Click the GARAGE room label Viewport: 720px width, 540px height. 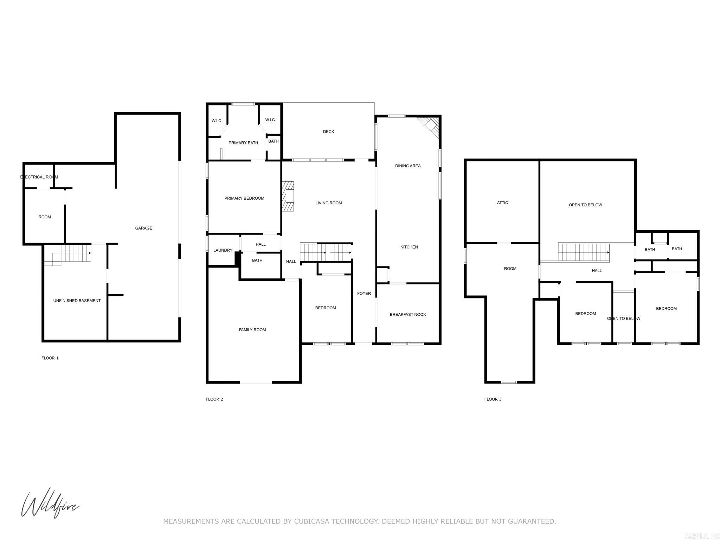point(143,228)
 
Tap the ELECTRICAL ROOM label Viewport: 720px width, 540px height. point(39,177)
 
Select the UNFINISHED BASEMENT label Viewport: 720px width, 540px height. point(77,301)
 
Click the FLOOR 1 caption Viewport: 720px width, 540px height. point(50,358)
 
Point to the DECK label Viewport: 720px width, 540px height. point(328,132)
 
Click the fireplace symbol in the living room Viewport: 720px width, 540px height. point(288,196)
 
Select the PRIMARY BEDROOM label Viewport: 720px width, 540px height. point(244,198)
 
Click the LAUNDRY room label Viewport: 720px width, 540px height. point(223,250)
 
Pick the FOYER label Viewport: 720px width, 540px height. point(364,294)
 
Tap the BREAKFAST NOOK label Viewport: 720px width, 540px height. point(407,315)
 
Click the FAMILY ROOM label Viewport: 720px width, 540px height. point(252,330)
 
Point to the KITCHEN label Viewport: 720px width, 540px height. point(409,247)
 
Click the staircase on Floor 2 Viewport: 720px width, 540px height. point(326,252)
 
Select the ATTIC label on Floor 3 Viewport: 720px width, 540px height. point(502,203)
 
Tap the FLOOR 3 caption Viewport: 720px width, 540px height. point(493,399)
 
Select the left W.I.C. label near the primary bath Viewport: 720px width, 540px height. point(217,121)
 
